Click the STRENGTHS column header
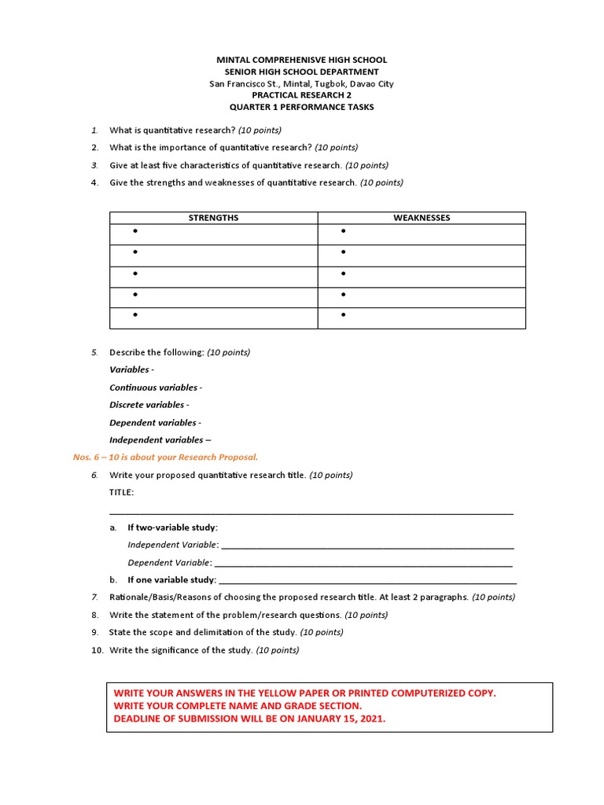point(213,218)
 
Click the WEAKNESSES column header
point(422,218)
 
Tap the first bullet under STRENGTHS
point(135,231)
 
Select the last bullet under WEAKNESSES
point(344,315)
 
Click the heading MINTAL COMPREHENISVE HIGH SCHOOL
point(301,61)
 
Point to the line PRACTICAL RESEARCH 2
point(301,95)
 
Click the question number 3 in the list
point(94,165)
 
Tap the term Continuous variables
point(153,388)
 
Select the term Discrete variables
point(147,405)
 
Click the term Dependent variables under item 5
point(153,423)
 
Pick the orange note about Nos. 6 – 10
point(165,457)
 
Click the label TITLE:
point(122,492)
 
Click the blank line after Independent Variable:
point(367,546)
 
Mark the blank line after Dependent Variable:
point(363,563)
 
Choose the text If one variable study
point(171,580)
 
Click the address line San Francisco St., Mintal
point(301,83)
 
